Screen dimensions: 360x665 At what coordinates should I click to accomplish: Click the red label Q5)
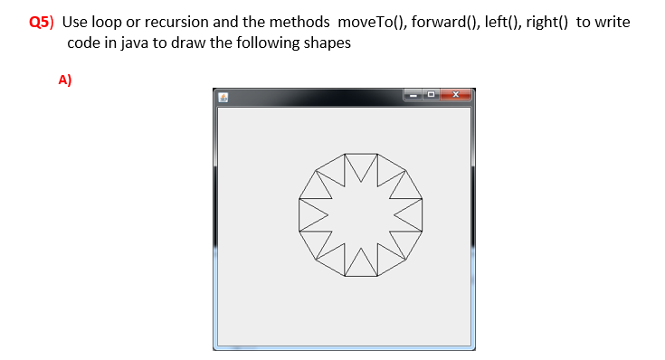tap(43, 22)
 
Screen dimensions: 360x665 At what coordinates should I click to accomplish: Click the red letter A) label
tap(64, 80)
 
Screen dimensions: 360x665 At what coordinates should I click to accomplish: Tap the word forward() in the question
tap(443, 22)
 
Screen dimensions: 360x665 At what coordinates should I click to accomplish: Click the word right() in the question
tap(546, 22)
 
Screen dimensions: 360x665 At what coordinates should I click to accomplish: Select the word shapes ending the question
tap(327, 43)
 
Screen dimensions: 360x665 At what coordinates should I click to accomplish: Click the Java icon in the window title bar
tap(222, 97)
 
